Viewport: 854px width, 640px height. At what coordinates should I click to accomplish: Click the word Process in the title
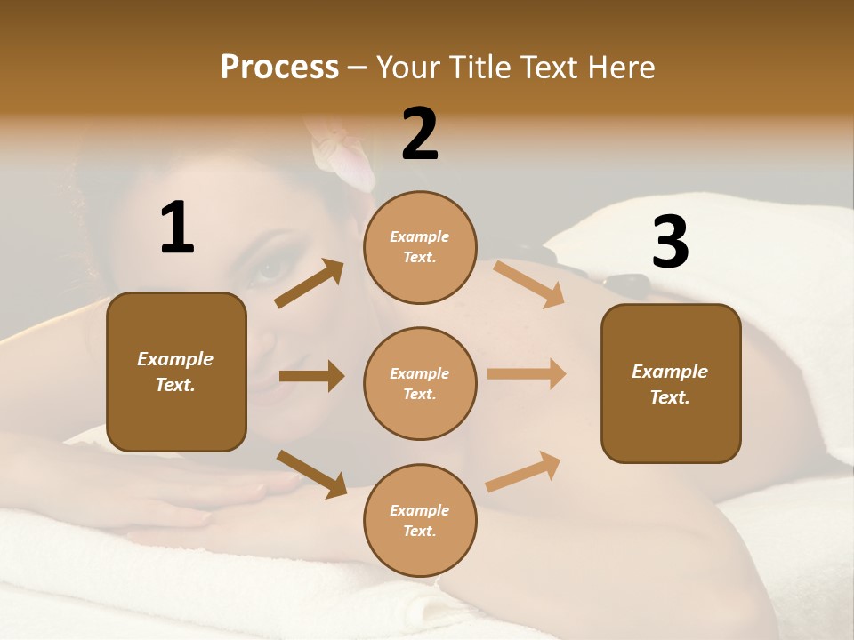coord(279,68)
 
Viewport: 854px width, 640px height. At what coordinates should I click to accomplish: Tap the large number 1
coord(177,228)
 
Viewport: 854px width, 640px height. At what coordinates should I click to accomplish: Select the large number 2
coord(420,134)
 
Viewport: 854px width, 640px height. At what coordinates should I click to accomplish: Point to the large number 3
coord(670,243)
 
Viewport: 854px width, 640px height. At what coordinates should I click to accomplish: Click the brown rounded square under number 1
coord(176,372)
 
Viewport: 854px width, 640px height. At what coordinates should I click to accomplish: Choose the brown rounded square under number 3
coord(671,384)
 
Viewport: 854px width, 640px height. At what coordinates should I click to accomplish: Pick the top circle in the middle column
coord(420,247)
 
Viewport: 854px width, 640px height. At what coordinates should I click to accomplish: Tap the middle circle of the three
coord(420,384)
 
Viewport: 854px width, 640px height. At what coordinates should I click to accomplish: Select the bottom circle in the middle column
coord(420,521)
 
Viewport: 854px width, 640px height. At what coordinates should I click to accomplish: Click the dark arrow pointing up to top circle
coord(310,284)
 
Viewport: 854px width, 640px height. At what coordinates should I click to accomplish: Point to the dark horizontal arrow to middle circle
coord(311,376)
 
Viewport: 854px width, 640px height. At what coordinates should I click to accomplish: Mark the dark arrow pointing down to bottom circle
coord(311,473)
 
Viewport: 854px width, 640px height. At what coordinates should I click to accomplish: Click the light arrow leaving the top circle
coord(529,284)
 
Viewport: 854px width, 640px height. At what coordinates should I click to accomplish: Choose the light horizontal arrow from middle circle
coord(527,373)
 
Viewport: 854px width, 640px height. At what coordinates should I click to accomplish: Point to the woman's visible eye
coord(266,268)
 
